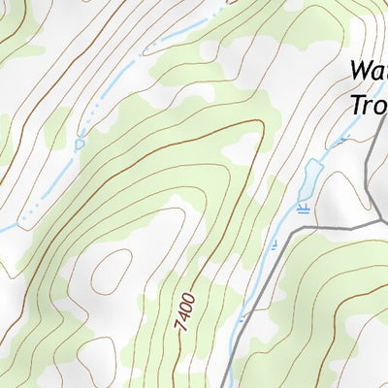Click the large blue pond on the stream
coord(307,178)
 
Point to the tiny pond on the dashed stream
coord(80,144)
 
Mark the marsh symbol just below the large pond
coord(304,206)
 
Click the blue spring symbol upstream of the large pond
coord(340,142)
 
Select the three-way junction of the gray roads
coord(375,225)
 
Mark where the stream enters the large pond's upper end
coord(314,161)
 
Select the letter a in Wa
coord(379,74)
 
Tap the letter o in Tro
coord(379,105)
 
